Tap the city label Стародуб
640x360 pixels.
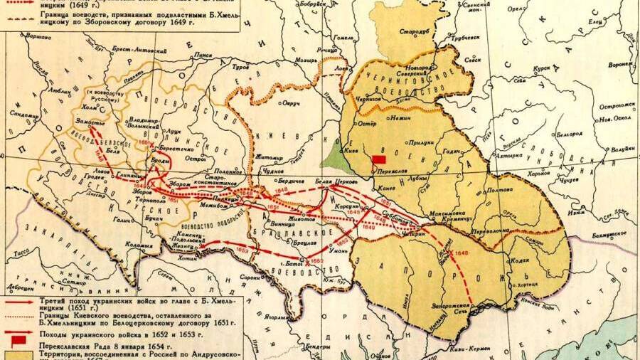click(x=412, y=31)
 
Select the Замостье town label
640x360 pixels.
click(x=81, y=123)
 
